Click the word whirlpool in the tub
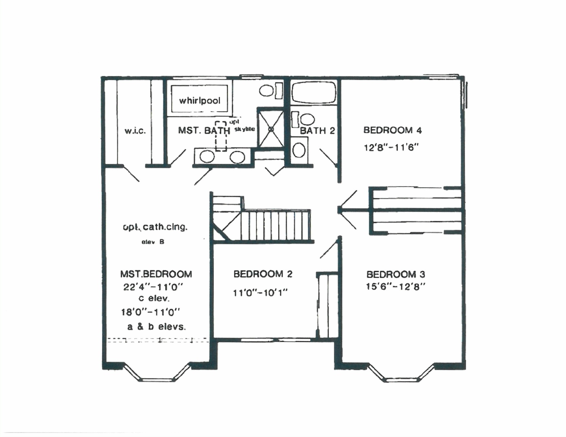click(x=200, y=100)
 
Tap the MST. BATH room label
click(x=204, y=130)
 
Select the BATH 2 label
click(x=317, y=131)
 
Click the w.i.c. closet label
click(x=135, y=131)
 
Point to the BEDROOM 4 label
click(x=392, y=130)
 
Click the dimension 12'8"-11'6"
click(x=391, y=147)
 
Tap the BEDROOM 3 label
click(x=396, y=274)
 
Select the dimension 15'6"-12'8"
click(x=396, y=287)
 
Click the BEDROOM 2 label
click(x=263, y=274)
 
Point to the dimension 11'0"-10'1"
click(x=260, y=293)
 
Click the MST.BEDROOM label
click(x=156, y=274)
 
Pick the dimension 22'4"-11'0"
click(x=153, y=287)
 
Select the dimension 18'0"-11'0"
click(x=150, y=312)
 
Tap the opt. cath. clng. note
click(x=155, y=227)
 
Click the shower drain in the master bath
click(x=271, y=129)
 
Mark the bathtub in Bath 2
click(x=314, y=93)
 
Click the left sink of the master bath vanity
click(x=207, y=156)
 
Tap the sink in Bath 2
click(x=299, y=150)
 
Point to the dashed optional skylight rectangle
click(x=221, y=136)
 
